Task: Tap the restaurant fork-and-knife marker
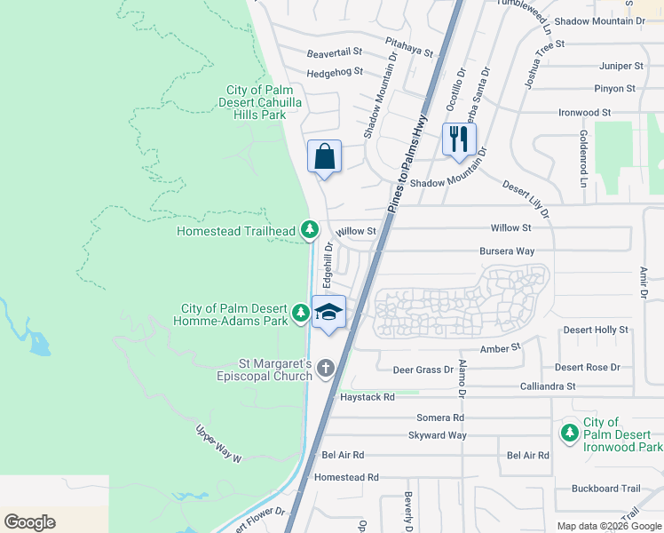tap(459, 139)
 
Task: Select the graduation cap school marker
tap(328, 313)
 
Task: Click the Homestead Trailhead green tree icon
tap(309, 231)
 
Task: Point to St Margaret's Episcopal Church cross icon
tap(326, 368)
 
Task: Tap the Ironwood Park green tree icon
tap(568, 433)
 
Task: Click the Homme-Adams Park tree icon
tap(301, 313)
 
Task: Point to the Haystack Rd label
tap(367, 397)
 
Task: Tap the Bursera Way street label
tap(507, 251)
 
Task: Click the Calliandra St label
tap(547, 386)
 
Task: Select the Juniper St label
tap(621, 66)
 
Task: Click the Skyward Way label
tap(437, 435)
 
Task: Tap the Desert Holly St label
tap(596, 330)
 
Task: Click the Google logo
tap(29, 522)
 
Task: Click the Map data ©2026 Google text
tap(608, 526)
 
